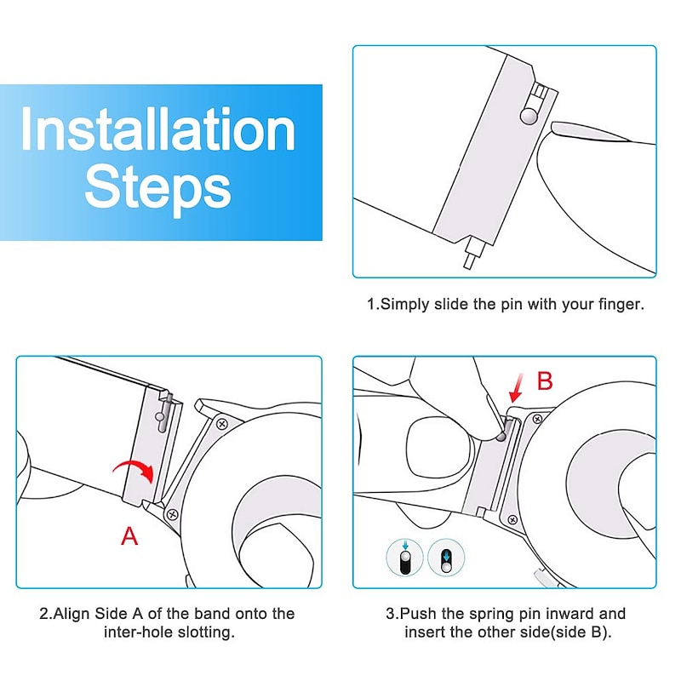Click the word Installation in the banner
point(158,129)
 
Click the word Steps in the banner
point(157,188)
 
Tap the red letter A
point(129,536)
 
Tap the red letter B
point(545,381)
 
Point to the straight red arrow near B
point(517,388)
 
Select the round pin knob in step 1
point(529,116)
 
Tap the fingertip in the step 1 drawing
point(564,129)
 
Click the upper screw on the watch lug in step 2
point(222,423)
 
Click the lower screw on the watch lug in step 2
point(173,515)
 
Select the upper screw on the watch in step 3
point(538,419)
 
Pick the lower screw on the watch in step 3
point(512,520)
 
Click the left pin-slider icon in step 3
point(405,558)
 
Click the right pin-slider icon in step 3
point(446,558)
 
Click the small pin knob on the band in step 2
point(160,416)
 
